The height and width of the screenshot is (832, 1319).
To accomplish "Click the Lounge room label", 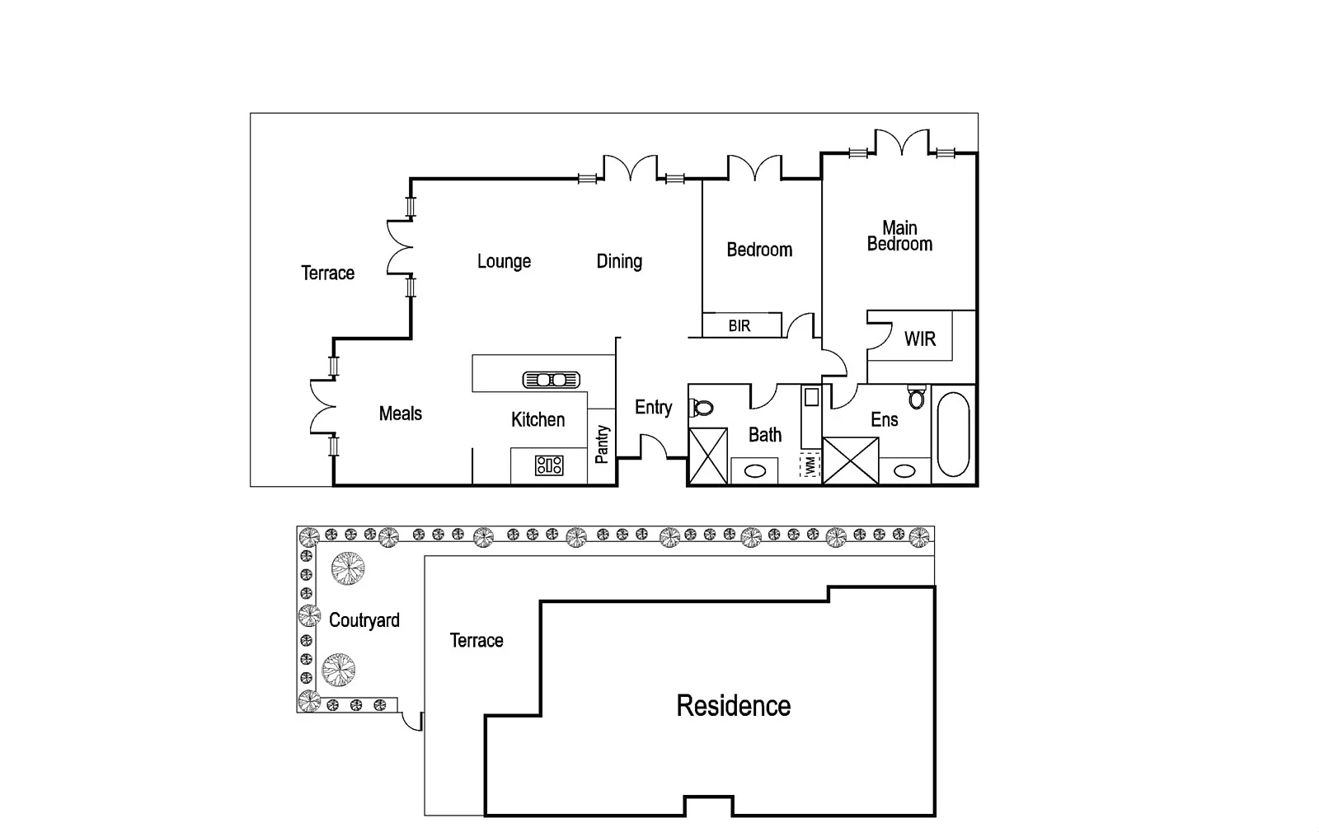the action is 504,261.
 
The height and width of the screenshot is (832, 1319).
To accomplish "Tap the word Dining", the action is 619,261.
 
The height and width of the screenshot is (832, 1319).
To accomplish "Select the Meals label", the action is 401,414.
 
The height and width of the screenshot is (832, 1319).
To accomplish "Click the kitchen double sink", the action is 552,380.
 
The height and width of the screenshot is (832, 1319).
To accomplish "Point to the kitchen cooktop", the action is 549,465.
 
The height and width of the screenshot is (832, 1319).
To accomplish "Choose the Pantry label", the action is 603,444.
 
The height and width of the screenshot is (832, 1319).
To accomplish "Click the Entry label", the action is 653,407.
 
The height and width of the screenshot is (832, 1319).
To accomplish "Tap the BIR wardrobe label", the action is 739,326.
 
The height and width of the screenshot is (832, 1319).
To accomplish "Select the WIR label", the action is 920,339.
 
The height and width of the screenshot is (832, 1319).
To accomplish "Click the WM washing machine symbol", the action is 810,465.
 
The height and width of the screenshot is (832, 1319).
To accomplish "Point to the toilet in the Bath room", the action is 703,407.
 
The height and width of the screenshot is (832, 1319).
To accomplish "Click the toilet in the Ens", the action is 917,399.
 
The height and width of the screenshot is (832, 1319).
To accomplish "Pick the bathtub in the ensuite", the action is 954,434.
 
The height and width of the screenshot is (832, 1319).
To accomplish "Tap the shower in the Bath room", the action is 708,456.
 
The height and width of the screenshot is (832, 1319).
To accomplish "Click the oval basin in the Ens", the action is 905,471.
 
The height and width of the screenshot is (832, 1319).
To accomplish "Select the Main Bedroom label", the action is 899,236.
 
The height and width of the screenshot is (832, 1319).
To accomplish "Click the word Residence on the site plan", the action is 734,706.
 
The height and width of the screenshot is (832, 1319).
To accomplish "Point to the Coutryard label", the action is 364,620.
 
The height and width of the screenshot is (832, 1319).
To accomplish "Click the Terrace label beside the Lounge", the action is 327,273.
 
